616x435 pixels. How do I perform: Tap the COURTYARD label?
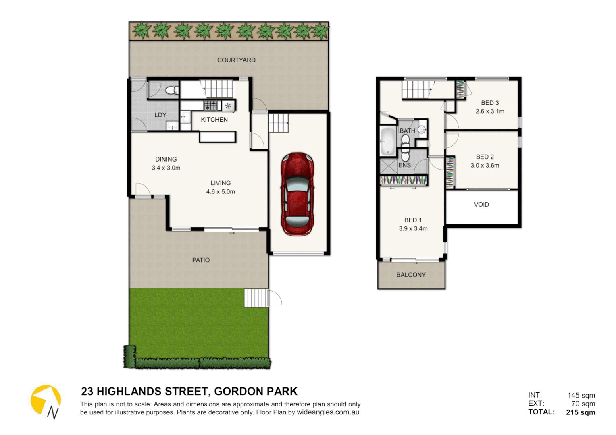[x=236, y=60]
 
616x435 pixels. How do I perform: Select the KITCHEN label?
[x=214, y=120]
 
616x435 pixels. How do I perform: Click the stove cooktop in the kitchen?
[x=210, y=106]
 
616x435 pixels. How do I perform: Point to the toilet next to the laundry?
[x=172, y=90]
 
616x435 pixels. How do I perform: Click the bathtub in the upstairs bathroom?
[x=387, y=141]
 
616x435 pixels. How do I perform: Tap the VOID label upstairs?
[x=481, y=205]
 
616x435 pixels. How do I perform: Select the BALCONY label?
[x=411, y=275]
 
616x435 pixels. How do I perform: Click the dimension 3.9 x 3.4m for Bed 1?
[x=413, y=228]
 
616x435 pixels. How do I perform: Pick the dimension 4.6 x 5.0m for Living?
[x=221, y=192]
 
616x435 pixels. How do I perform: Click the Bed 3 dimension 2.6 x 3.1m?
[x=490, y=111]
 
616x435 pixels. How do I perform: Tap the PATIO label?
[x=201, y=260]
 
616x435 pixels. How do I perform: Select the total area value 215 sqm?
[x=581, y=412]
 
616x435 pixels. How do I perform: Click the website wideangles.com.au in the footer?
[x=328, y=412]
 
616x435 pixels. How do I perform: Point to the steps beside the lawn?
[x=256, y=298]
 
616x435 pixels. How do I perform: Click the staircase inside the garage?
[x=279, y=123]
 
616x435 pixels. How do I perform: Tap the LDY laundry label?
[x=160, y=115]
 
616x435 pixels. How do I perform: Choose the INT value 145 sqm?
[x=581, y=395]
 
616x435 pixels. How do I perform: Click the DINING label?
[x=166, y=159]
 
